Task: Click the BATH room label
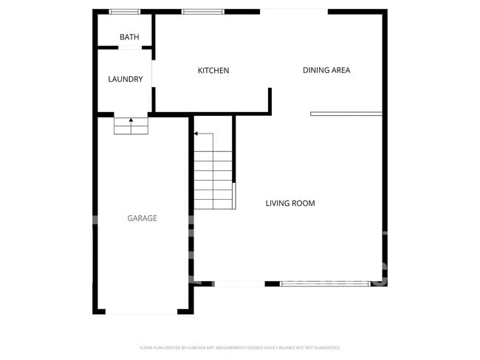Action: coord(129,37)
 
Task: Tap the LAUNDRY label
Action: coord(126,79)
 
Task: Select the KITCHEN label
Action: coord(213,71)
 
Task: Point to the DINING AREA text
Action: coord(326,70)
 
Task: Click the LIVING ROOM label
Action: coord(290,203)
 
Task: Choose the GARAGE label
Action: coord(142,218)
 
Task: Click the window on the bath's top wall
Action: coord(125,12)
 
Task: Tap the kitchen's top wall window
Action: coord(203,12)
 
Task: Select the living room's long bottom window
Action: coord(326,283)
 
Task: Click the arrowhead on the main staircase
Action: coord(196,134)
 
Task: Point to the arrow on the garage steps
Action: coord(131,120)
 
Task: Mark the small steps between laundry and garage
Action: coord(131,127)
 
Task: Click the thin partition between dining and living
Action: coord(346,114)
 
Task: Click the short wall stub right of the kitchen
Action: coord(270,100)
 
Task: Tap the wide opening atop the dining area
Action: coord(293,11)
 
